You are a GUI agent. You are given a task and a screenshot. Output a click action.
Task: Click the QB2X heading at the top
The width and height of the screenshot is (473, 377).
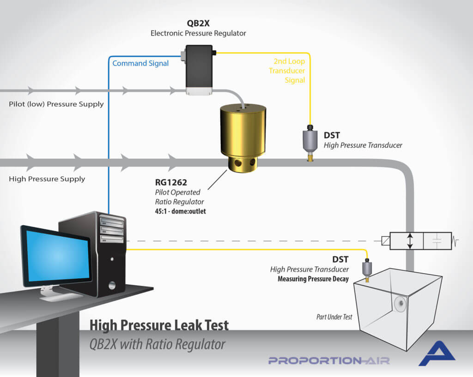pyautogui.click(x=198, y=24)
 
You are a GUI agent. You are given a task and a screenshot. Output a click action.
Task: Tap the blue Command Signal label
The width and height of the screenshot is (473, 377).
pyautogui.click(x=140, y=63)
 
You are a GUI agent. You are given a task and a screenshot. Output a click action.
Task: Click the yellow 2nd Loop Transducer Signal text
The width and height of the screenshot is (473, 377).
pyautogui.click(x=287, y=71)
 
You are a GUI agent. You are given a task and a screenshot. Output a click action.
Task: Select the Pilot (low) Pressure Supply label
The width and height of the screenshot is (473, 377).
pyautogui.click(x=56, y=104)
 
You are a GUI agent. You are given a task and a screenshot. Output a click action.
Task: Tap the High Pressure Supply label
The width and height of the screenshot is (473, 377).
pyautogui.click(x=47, y=179)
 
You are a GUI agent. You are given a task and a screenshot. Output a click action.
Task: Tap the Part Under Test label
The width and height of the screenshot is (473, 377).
pyautogui.click(x=334, y=317)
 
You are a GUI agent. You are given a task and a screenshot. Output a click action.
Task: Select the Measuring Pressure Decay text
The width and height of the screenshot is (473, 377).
pyautogui.click(x=313, y=279)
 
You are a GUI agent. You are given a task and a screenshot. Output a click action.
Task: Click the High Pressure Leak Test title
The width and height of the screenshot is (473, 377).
pyautogui.click(x=159, y=325)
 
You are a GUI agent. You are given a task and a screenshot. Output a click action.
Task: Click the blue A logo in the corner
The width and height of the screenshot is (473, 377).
pyautogui.click(x=436, y=354)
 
